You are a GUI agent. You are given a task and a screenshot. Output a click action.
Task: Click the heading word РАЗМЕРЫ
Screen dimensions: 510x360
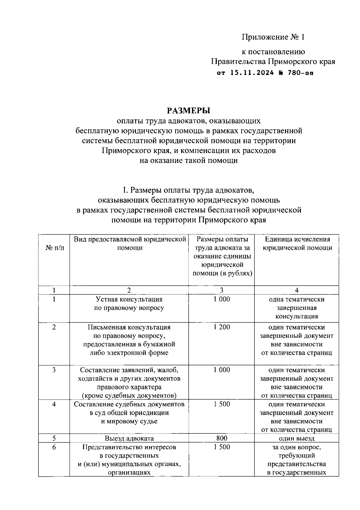(188, 110)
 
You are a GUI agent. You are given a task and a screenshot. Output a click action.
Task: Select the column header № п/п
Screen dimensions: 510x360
(54, 248)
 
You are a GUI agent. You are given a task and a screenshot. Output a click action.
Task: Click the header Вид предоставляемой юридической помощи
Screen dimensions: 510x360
(129, 244)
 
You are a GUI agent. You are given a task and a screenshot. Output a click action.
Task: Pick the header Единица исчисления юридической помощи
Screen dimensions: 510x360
(297, 244)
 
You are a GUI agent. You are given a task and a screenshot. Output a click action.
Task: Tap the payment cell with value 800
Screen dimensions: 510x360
(222, 438)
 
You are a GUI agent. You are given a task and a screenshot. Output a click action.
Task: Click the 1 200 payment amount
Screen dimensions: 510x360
(222, 327)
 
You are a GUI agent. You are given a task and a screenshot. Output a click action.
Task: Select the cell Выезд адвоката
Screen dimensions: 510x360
(129, 438)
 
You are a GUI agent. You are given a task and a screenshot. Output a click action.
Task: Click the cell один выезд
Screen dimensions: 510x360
(297, 438)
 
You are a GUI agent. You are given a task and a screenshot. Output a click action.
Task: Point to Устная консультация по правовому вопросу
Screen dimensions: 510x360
(129, 304)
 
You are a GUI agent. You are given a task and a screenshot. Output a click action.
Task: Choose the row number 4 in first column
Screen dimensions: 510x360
(54, 404)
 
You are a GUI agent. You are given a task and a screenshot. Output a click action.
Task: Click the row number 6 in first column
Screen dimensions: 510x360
(54, 447)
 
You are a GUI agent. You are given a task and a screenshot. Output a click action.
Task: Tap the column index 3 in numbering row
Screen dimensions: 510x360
(222, 290)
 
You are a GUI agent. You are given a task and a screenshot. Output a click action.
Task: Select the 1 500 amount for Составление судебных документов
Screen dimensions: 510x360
(222, 404)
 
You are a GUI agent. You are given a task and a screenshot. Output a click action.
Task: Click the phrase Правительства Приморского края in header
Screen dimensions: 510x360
(273, 62)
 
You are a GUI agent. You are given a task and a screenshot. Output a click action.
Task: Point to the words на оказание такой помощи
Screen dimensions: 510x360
(188, 160)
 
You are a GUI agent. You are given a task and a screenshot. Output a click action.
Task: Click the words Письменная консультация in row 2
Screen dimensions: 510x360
(129, 327)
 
